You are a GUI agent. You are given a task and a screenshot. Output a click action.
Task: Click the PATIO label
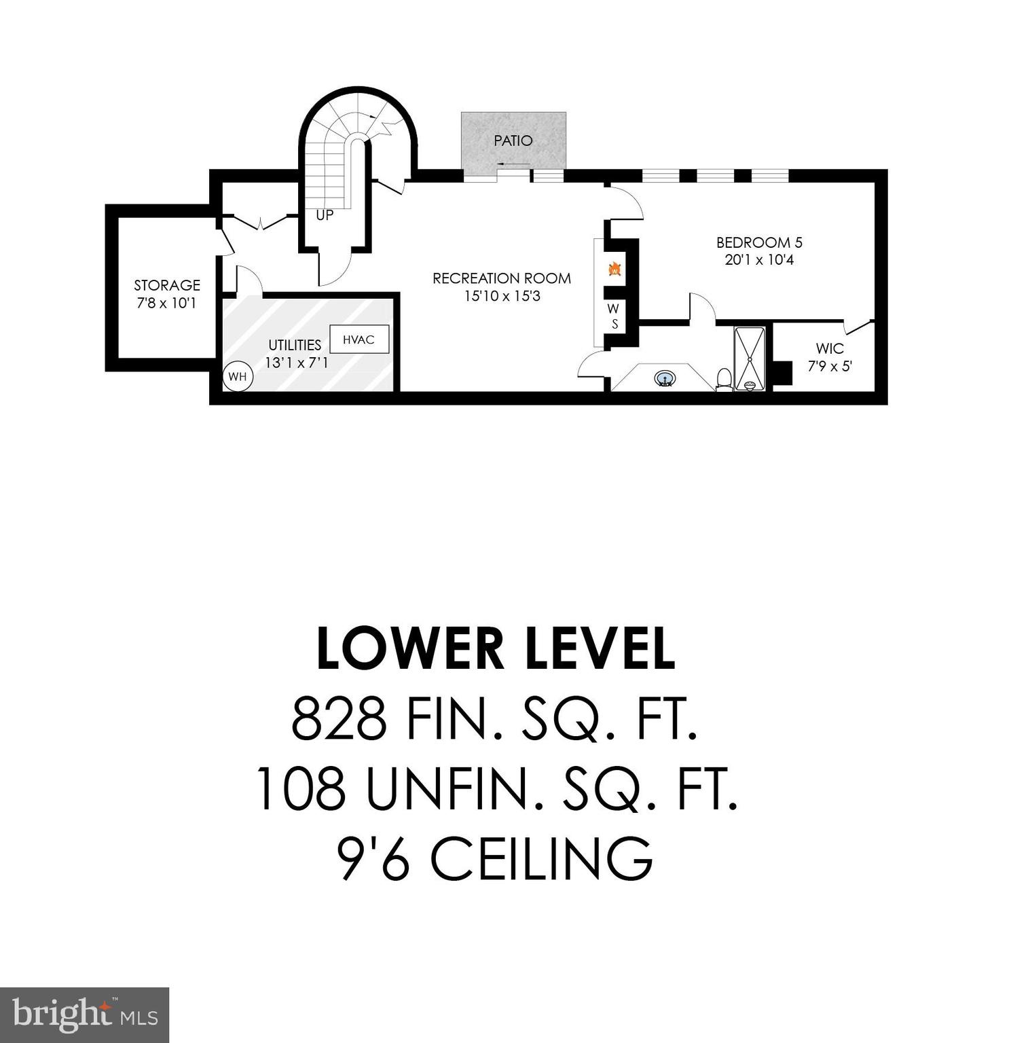point(513,141)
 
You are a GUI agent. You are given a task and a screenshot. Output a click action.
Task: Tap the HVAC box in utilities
point(359,340)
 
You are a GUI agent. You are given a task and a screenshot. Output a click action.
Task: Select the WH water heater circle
point(238,376)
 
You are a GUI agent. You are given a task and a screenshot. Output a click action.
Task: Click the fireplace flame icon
point(614,269)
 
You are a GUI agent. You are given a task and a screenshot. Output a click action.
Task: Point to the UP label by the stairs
point(325,215)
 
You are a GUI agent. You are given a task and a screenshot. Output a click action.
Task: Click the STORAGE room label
point(167,285)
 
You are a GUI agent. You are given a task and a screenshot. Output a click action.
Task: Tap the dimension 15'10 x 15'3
point(502,296)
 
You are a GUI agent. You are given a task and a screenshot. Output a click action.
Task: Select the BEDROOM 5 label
point(759,242)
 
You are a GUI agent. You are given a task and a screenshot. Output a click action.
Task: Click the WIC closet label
point(830,349)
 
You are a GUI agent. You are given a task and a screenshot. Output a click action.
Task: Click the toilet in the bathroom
point(724,379)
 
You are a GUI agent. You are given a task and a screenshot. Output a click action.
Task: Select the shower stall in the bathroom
point(750,358)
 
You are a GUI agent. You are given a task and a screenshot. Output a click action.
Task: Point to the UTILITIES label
point(295,345)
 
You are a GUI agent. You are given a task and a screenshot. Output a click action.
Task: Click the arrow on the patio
point(512,164)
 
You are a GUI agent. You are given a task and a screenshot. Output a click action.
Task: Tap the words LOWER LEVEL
point(496,648)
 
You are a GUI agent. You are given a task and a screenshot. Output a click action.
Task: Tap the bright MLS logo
point(84,1014)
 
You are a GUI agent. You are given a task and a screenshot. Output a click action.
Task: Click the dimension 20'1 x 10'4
point(759,260)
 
